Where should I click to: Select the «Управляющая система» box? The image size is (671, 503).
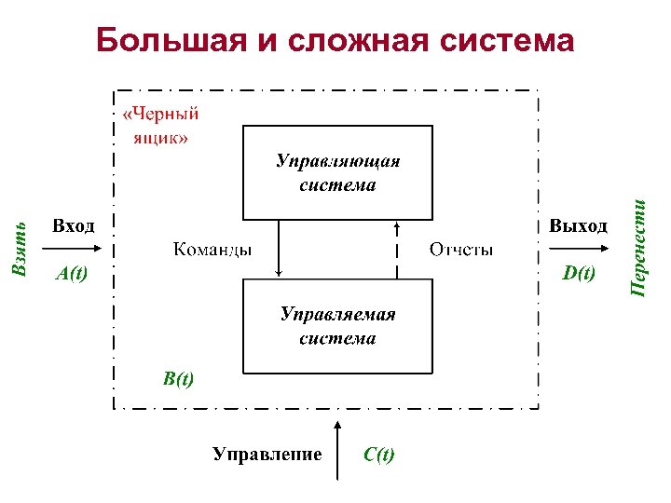337,172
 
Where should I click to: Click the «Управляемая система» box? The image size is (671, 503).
337,326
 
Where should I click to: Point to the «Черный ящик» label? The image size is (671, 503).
160,126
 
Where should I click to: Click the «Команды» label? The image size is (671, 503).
212,250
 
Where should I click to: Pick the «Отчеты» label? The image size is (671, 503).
461,250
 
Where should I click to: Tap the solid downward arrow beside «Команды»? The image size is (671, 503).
279,248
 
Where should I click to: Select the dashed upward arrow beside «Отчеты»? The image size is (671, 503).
398,248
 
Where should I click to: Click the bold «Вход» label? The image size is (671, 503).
74,226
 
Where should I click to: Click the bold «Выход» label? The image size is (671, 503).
579,226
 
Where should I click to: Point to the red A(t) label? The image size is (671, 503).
72,274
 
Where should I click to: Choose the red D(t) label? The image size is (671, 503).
579,273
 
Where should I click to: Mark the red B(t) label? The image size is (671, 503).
178,379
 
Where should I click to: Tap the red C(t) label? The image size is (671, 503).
379,455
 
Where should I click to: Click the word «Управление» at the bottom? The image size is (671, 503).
267,455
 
